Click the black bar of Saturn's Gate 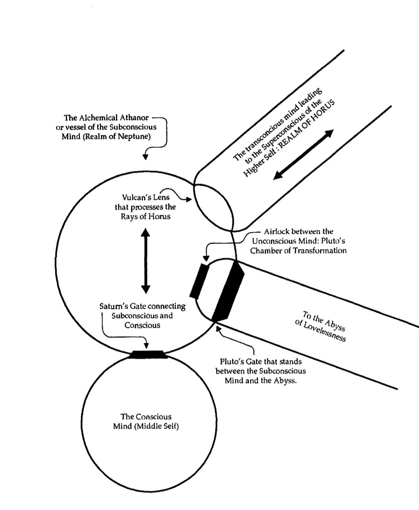click(148, 355)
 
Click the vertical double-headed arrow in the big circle click(146, 261)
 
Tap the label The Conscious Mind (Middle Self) click(146, 421)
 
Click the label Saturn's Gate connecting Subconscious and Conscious click(142, 316)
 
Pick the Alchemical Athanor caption click(106, 127)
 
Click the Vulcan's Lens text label click(146, 207)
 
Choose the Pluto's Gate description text click(260, 371)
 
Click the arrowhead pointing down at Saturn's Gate click(146, 345)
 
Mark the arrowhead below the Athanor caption click(146, 156)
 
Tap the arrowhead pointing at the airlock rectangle click(206, 258)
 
